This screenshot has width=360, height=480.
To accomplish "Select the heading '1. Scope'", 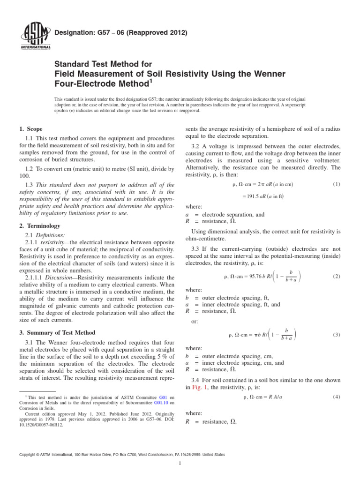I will coord(31,129).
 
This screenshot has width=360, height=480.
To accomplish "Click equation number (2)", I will coord(336,277).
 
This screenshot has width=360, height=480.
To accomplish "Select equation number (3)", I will coord(336,335).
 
